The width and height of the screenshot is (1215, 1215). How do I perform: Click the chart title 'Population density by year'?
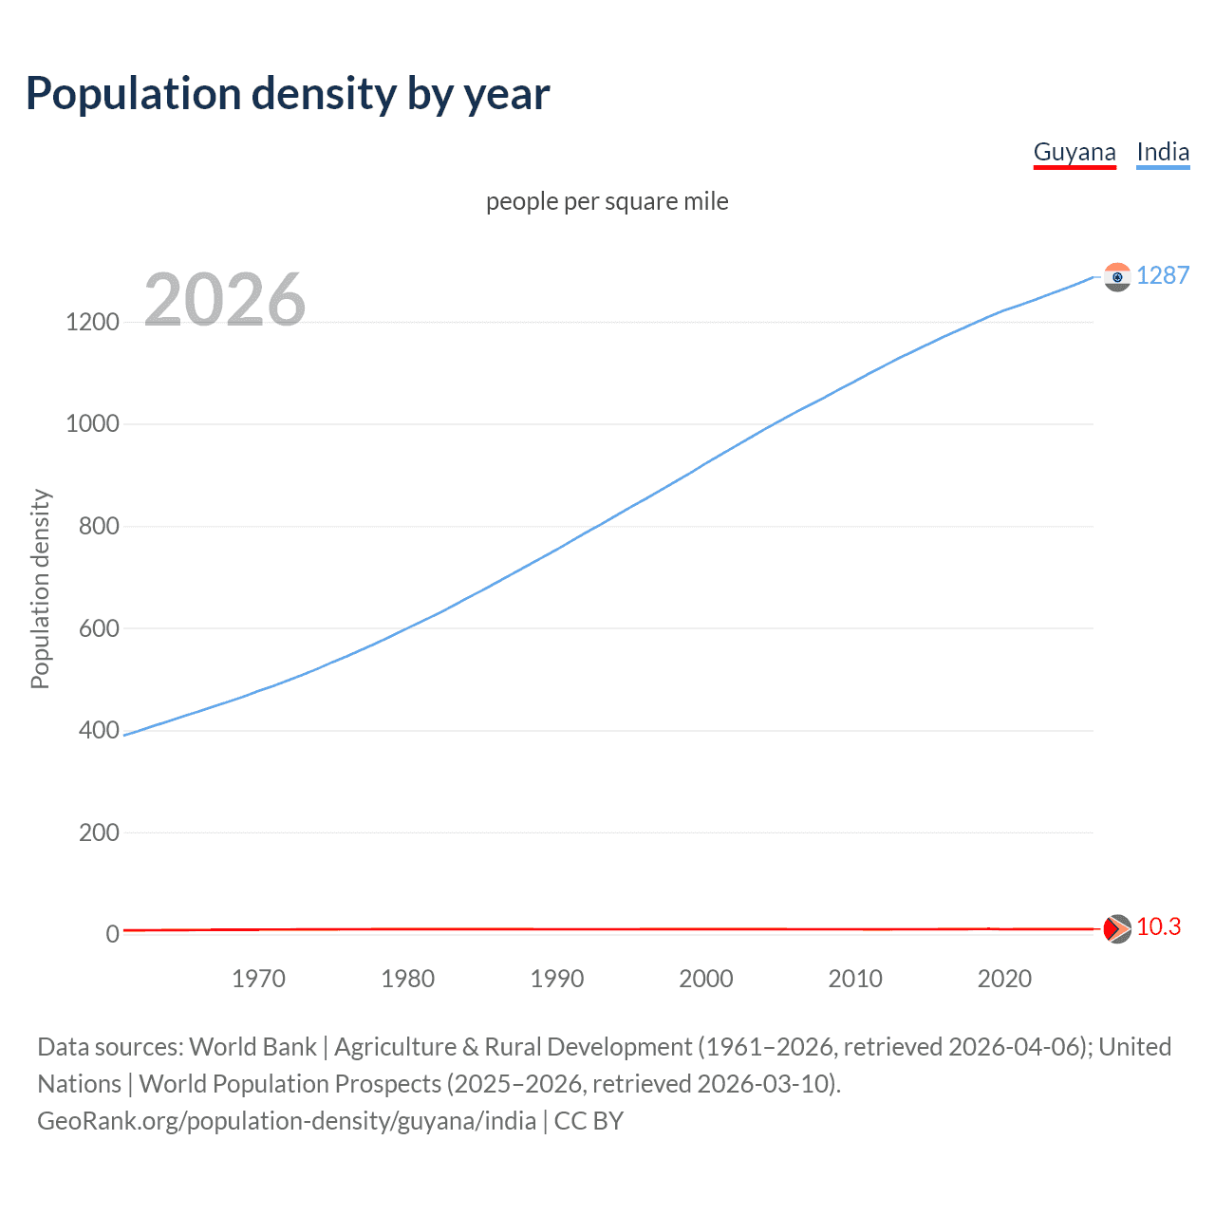(x=288, y=94)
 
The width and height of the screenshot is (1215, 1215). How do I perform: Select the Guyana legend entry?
(x=1074, y=152)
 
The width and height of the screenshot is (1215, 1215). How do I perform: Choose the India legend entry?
(x=1162, y=152)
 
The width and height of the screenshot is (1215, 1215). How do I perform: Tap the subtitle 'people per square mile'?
(x=607, y=201)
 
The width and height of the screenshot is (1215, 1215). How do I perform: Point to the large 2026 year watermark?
(x=225, y=300)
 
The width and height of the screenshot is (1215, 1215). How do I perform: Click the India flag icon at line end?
(x=1116, y=276)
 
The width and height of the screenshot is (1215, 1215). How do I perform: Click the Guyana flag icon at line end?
(x=1116, y=928)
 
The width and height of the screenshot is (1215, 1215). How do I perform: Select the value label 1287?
(x=1162, y=275)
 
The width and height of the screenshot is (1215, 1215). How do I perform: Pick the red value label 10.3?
(x=1158, y=926)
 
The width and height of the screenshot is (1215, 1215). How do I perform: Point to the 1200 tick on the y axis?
(x=92, y=322)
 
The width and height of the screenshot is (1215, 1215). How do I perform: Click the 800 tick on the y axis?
(x=99, y=526)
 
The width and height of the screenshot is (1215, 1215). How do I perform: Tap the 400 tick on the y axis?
(x=99, y=730)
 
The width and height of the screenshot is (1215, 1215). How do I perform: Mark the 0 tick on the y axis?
(x=113, y=934)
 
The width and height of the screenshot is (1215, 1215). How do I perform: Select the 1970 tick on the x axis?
(x=258, y=979)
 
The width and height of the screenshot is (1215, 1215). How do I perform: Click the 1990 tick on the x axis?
(x=556, y=979)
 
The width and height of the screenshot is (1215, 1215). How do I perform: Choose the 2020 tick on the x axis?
(x=1004, y=979)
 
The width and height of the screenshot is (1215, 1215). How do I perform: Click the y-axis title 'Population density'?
(x=40, y=589)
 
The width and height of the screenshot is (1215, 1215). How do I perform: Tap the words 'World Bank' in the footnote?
(x=252, y=1046)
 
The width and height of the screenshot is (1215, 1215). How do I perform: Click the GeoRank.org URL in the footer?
(x=287, y=1121)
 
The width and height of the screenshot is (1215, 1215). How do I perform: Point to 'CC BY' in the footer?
(x=589, y=1121)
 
